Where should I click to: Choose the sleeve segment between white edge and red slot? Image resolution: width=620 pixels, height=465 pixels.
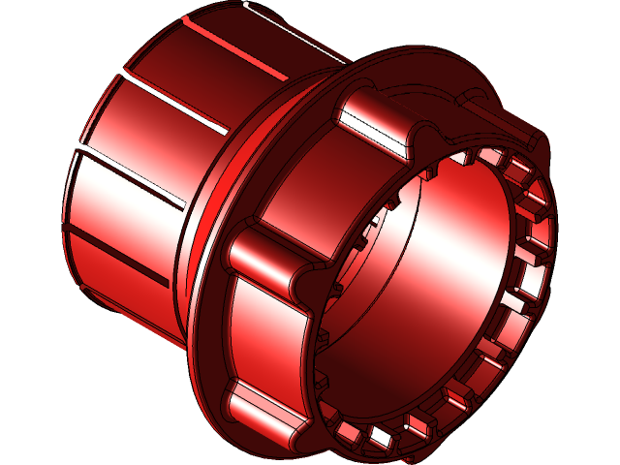[262, 48]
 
